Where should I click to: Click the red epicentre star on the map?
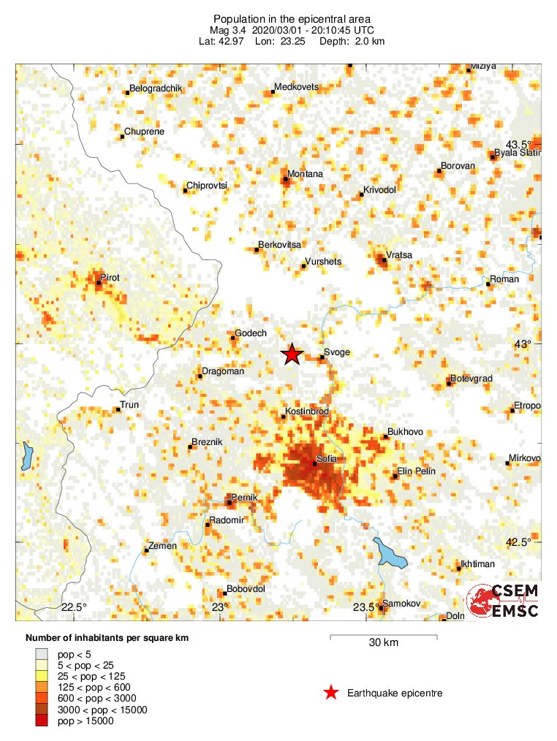tap(292, 354)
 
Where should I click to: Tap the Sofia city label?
tap(325, 461)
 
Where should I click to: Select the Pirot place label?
tap(110, 278)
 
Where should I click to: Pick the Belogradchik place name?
tap(156, 88)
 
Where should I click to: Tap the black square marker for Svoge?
tap(322, 357)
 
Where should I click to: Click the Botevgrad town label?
tap(471, 379)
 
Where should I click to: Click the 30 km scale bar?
tap(384, 638)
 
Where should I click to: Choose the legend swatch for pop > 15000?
tap(42, 721)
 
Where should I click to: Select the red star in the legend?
tap(331, 693)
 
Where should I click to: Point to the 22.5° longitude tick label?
tap(74, 607)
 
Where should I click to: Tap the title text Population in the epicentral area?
tap(292, 19)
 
